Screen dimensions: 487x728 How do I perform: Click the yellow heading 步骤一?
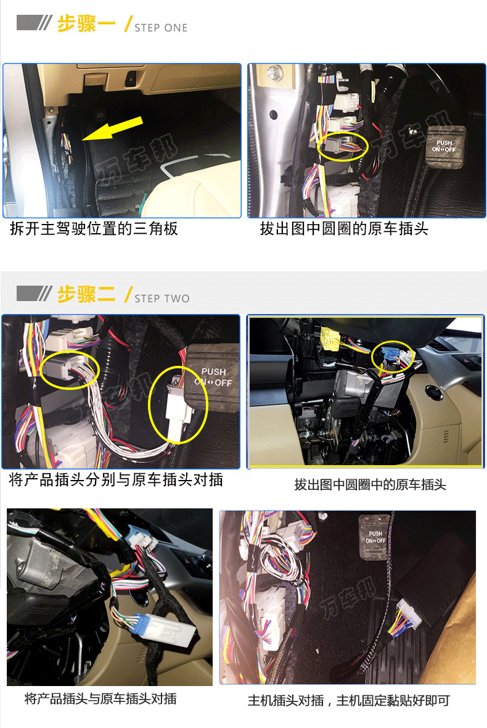[86, 23]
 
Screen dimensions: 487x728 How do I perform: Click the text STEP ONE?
[161, 28]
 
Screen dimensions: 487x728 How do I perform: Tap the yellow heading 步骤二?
[86, 294]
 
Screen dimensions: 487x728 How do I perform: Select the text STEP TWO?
[162, 299]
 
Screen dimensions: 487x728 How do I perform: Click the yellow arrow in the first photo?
[113, 128]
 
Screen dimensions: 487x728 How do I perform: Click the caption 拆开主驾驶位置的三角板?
[94, 228]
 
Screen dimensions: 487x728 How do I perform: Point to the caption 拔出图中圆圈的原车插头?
[344, 228]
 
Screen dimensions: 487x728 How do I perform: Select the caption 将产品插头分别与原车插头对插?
[116, 479]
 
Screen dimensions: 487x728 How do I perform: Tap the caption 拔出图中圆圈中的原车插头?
[370, 485]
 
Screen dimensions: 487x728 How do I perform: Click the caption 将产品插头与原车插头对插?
[100, 699]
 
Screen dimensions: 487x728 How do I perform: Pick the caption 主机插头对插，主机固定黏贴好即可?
[349, 700]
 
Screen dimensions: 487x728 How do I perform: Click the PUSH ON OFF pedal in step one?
[444, 147]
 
